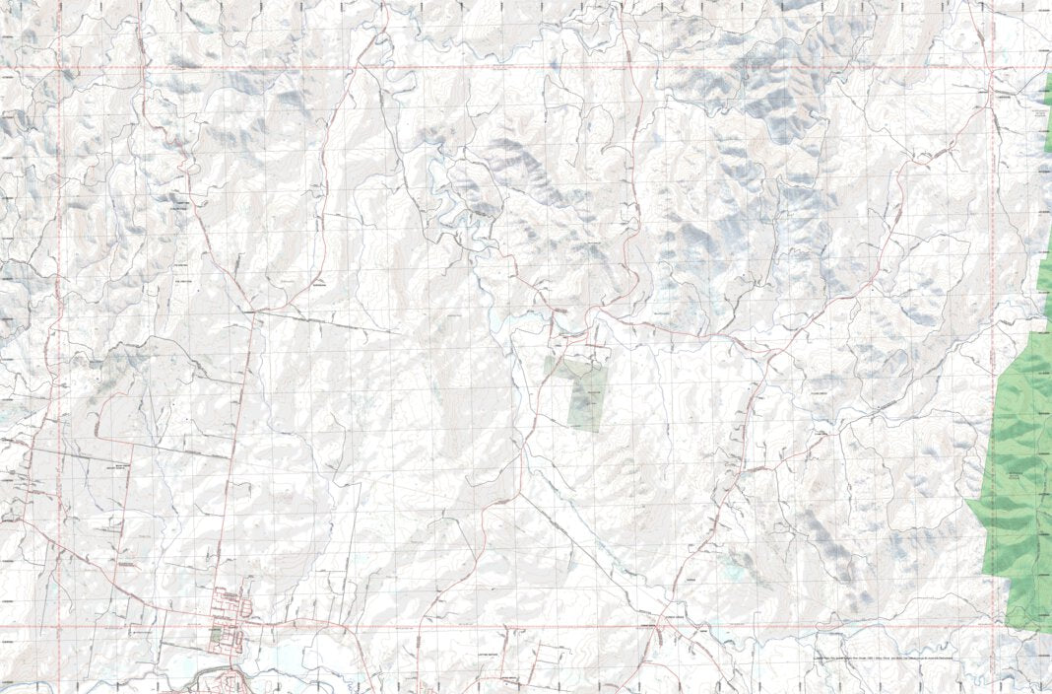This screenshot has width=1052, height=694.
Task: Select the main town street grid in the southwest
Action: [x=232, y=616]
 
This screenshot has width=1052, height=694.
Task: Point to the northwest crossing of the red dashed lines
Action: [x=61, y=68]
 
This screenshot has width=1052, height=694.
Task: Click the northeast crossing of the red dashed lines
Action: [x=991, y=68]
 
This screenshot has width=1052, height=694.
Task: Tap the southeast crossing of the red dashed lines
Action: [x=991, y=626]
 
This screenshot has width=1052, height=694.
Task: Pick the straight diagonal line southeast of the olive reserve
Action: [x=601, y=552]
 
